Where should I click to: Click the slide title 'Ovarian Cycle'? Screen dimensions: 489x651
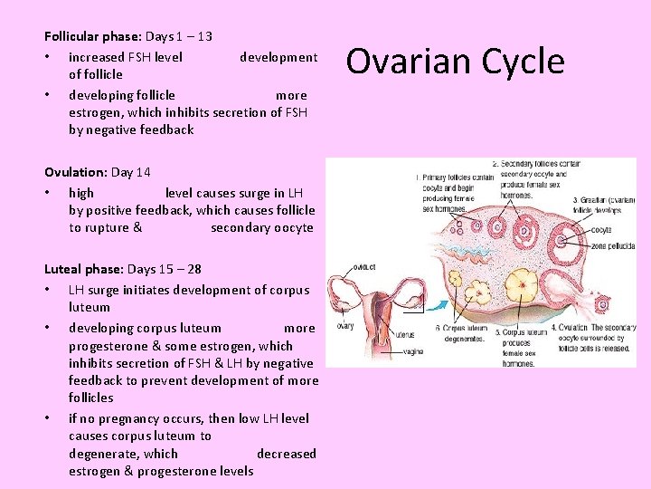click(x=455, y=62)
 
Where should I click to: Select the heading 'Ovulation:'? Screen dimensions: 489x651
click(x=76, y=172)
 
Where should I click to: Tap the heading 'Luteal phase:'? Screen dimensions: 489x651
click(x=84, y=269)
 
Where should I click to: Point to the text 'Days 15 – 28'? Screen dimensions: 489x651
click(x=165, y=269)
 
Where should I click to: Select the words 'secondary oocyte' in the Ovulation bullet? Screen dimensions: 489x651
click(x=262, y=227)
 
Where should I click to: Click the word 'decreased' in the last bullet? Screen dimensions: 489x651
click(x=287, y=453)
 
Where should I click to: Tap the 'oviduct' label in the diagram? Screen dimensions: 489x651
click(x=364, y=267)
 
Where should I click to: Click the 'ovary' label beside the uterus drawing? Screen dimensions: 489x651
click(x=344, y=326)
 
